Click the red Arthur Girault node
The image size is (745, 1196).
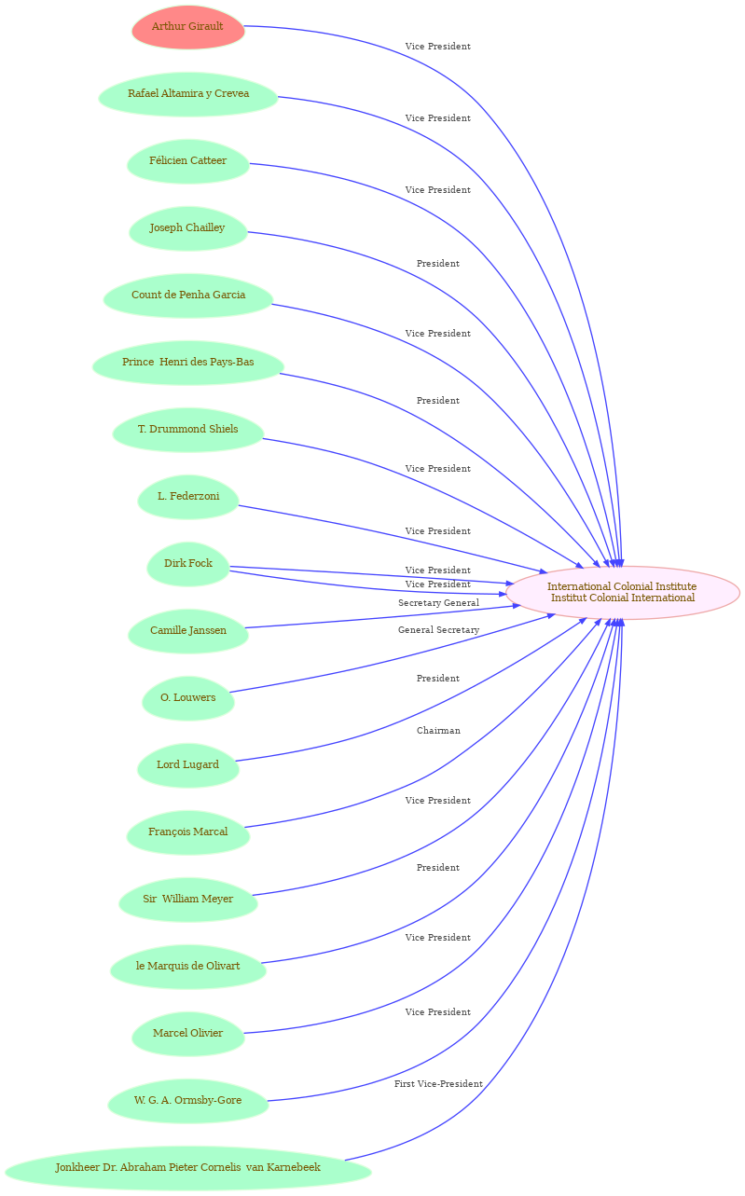click(188, 27)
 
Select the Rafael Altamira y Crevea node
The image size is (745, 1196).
click(188, 94)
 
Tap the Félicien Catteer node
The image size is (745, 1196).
click(188, 162)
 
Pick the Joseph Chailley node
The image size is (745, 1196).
click(188, 228)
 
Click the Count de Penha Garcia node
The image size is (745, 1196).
click(188, 296)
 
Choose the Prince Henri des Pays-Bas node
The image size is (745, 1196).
click(188, 363)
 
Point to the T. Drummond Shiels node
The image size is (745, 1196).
click(188, 431)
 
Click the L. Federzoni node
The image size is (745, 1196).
click(188, 497)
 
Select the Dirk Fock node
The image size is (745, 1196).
click(188, 564)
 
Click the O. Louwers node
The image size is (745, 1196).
click(188, 699)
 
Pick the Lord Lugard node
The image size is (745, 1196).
click(188, 765)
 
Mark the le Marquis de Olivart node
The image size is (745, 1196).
click(188, 967)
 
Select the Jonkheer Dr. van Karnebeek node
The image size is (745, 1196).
click(188, 1169)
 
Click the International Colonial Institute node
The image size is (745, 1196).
click(622, 593)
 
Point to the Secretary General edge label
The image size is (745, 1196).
click(438, 603)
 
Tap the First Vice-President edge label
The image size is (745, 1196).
click(438, 1084)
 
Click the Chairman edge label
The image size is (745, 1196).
click(438, 731)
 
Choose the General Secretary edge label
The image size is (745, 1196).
click(438, 630)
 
